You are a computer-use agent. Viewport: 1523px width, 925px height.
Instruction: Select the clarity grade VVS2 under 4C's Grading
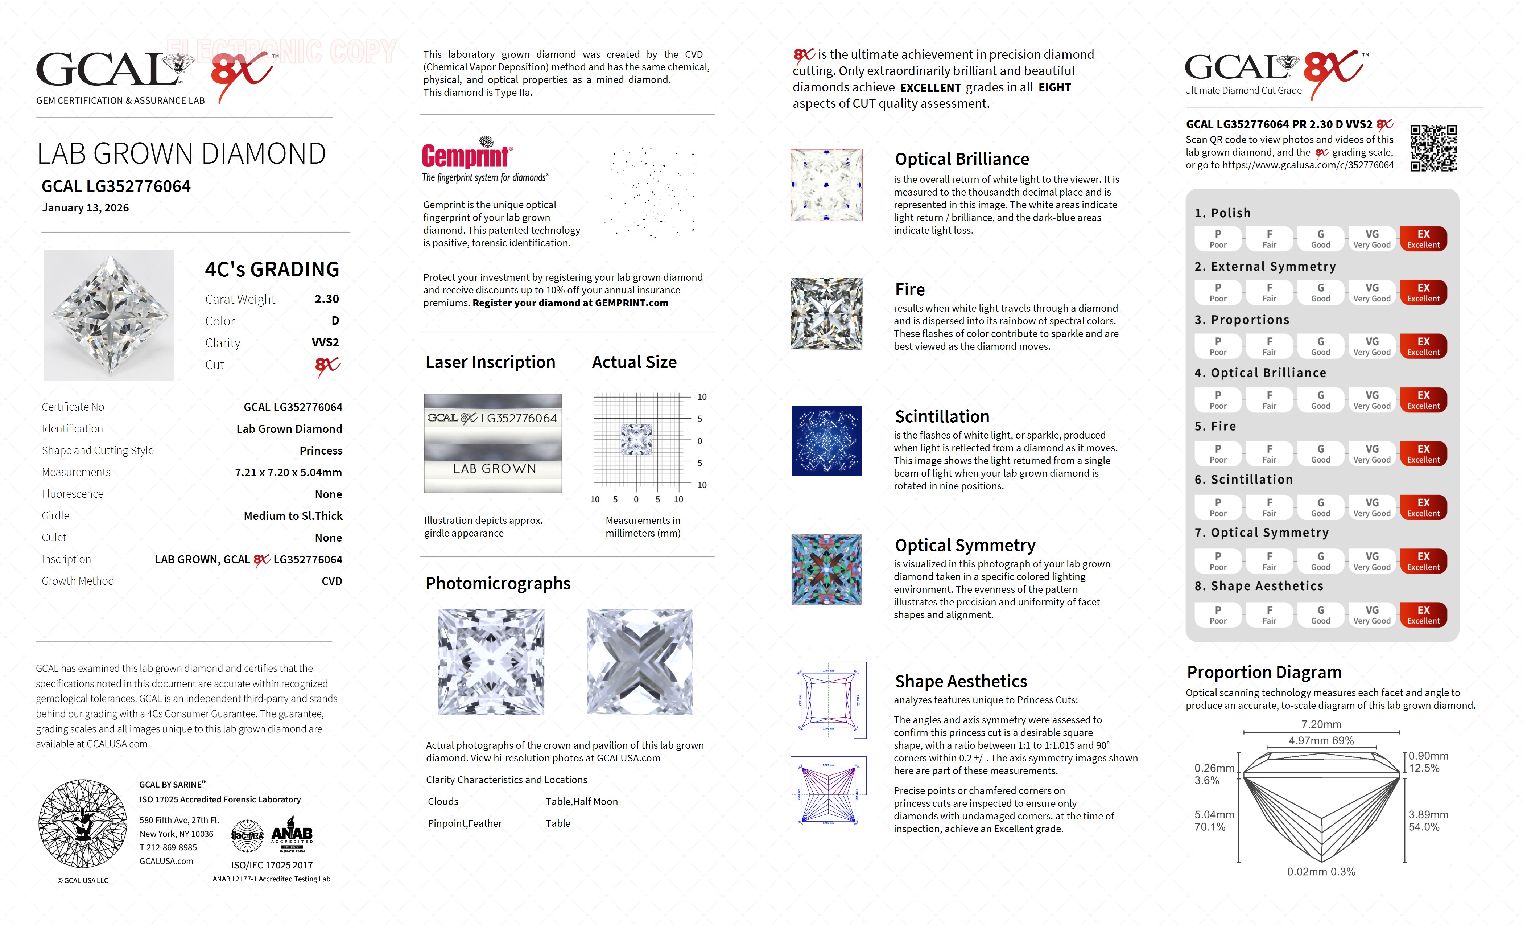click(x=325, y=342)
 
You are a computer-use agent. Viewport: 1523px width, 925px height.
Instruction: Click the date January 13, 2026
click(x=85, y=208)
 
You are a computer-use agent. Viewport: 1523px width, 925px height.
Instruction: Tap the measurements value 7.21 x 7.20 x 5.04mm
click(x=288, y=472)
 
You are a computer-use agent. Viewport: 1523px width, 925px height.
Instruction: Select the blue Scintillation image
click(x=826, y=440)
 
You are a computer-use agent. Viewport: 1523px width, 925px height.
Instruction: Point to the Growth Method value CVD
click(x=331, y=581)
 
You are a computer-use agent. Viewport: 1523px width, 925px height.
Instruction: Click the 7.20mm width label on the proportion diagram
click(x=1321, y=724)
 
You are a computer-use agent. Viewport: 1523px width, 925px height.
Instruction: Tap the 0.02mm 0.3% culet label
click(x=1321, y=871)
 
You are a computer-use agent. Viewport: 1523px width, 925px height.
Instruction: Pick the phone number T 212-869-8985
click(x=168, y=847)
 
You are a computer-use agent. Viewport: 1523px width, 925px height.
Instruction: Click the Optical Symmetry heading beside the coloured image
click(x=965, y=545)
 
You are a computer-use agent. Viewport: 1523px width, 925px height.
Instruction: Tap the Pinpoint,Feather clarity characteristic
click(x=464, y=823)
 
